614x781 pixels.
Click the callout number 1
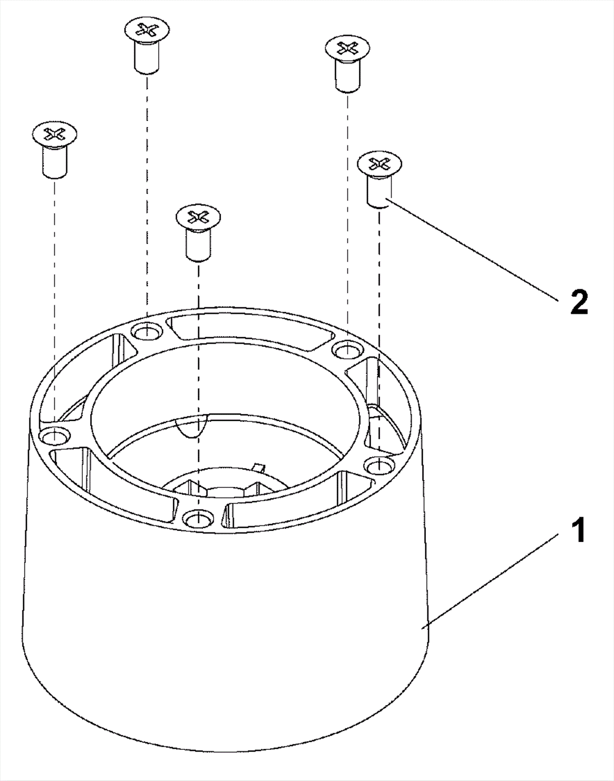click(578, 530)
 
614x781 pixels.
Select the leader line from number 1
click(490, 582)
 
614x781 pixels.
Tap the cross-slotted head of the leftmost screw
click(54, 133)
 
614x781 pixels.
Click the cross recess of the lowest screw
click(198, 217)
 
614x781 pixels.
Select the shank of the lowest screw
click(198, 245)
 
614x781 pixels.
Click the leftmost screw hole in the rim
click(54, 436)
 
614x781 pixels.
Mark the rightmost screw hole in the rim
click(378, 466)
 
